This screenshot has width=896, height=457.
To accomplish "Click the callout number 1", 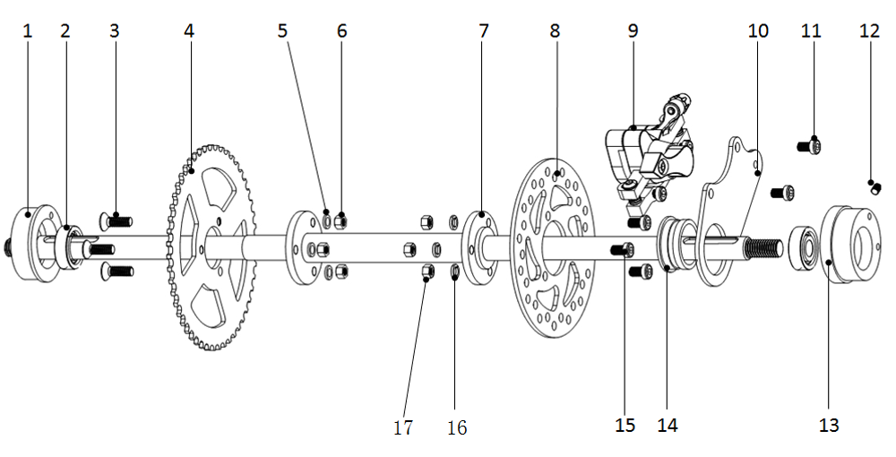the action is (27, 31).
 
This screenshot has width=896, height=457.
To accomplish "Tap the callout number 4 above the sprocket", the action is (189, 30).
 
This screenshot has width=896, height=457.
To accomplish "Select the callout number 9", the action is (633, 30).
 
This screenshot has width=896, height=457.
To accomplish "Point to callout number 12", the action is (869, 30).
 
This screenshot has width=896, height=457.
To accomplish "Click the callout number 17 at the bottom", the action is (403, 427).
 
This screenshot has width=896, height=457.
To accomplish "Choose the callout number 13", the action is (829, 426).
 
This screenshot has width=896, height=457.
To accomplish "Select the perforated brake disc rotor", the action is (552, 248).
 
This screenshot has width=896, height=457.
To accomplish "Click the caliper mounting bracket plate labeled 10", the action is (730, 211).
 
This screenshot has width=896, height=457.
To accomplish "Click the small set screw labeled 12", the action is (874, 187).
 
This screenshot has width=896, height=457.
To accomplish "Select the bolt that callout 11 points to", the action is (809, 146).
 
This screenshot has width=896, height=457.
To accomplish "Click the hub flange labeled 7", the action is (479, 248).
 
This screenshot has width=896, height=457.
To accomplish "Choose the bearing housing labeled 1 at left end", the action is (38, 243).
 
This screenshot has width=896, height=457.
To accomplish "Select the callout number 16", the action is (457, 427).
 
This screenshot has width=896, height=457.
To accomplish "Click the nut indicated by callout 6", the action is (340, 220).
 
